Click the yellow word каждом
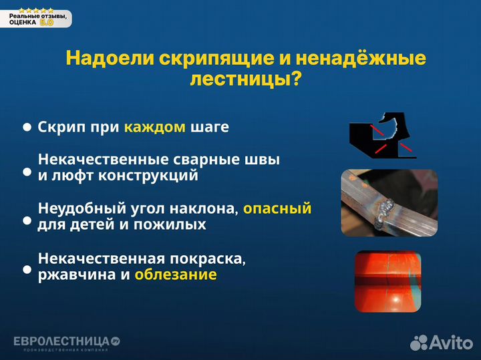[154, 127]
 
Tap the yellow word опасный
[277, 209]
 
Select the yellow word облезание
[175, 275]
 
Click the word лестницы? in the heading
[245, 79]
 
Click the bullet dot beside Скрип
[27, 127]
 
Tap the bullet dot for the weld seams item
[27, 172]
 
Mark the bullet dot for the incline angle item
[27, 220]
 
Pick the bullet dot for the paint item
[27, 270]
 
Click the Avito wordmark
[451, 343]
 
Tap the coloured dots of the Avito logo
[419, 343]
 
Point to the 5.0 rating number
[47, 22]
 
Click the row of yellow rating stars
[36, 10]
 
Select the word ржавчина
[69, 275]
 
